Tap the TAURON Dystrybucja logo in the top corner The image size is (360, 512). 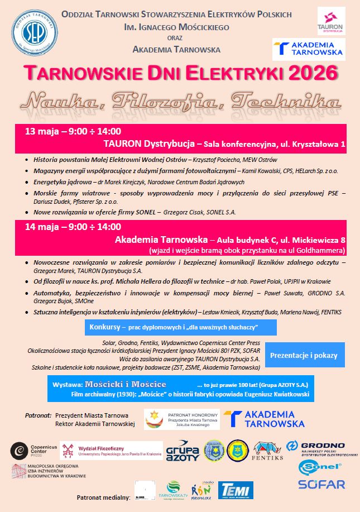tap(330, 21)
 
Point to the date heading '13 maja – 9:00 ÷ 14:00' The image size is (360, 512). tap(73, 132)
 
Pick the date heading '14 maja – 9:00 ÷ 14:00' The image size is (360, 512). tap(73, 227)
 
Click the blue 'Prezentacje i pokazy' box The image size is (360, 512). tap(304, 355)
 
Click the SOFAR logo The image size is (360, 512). tap(321, 484)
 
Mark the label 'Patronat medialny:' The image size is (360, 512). tap(103, 496)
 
